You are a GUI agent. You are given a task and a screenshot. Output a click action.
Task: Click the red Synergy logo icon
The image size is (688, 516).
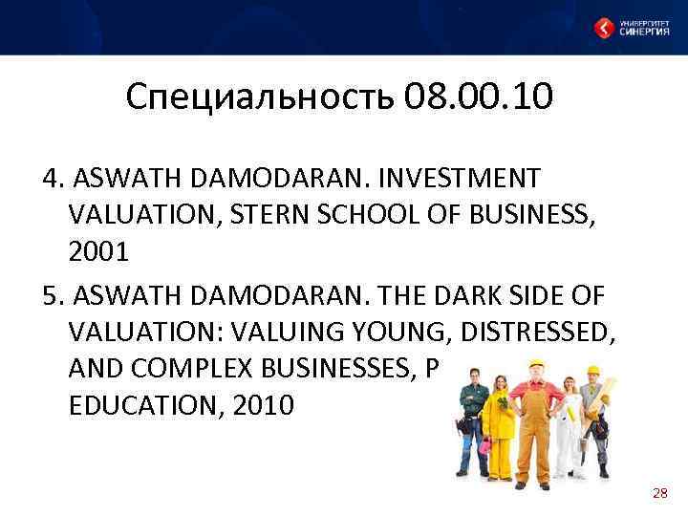pyautogui.click(x=604, y=28)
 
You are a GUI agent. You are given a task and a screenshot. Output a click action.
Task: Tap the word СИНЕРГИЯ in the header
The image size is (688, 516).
pyautogui.click(x=644, y=32)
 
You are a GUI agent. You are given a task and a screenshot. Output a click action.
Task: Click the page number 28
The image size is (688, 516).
pyautogui.click(x=659, y=493)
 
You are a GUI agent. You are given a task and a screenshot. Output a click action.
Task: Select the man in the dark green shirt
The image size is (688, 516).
pyautogui.click(x=470, y=420)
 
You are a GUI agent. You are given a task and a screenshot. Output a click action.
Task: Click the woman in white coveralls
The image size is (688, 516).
pyautogui.click(x=570, y=425)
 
